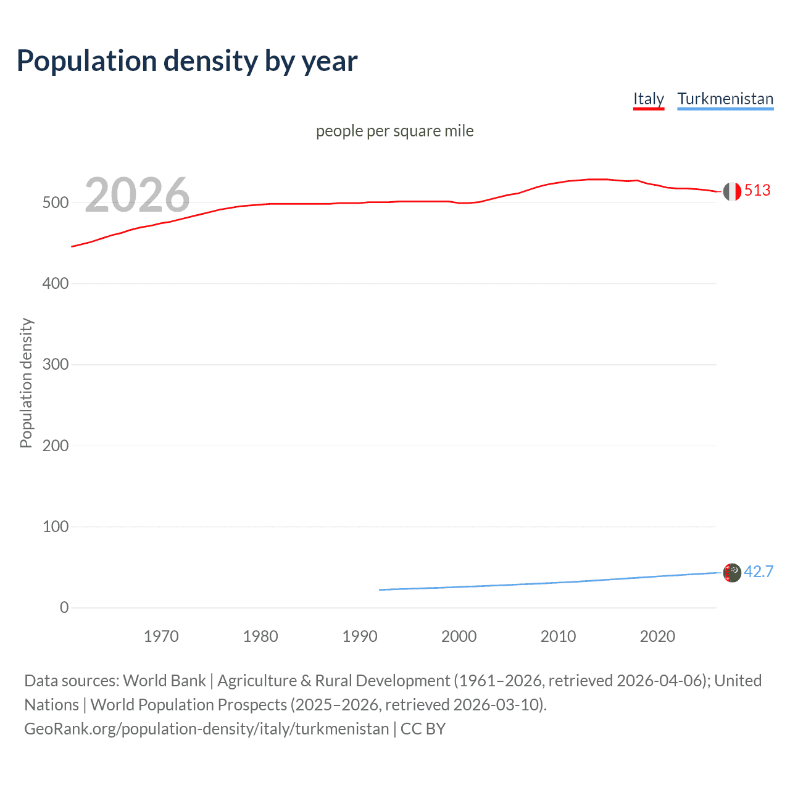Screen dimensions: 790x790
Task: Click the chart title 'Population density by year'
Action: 187,61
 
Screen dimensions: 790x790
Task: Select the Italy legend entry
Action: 648,99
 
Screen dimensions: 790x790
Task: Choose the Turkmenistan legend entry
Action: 725,99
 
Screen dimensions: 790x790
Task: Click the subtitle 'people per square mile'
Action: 394,131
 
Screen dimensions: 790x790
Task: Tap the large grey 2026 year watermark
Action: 137,195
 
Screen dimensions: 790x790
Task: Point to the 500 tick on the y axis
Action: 56,202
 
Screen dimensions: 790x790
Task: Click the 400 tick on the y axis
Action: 56,283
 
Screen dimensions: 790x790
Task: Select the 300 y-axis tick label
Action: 56,364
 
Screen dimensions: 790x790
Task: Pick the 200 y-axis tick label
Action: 56,446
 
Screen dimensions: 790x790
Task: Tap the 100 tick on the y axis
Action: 56,526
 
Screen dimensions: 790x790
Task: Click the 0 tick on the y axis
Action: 64,607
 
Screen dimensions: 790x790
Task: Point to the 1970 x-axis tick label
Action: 161,636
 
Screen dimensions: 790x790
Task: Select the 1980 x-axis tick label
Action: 260,636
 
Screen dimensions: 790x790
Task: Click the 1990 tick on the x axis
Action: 360,636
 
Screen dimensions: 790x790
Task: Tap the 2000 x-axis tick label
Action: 459,636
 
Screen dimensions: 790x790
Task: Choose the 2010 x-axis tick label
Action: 558,636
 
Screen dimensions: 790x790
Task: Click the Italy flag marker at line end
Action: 732,191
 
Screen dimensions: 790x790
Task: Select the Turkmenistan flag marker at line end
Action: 732,573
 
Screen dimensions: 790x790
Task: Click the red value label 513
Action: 757,190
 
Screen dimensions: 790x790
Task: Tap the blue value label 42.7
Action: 759,572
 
